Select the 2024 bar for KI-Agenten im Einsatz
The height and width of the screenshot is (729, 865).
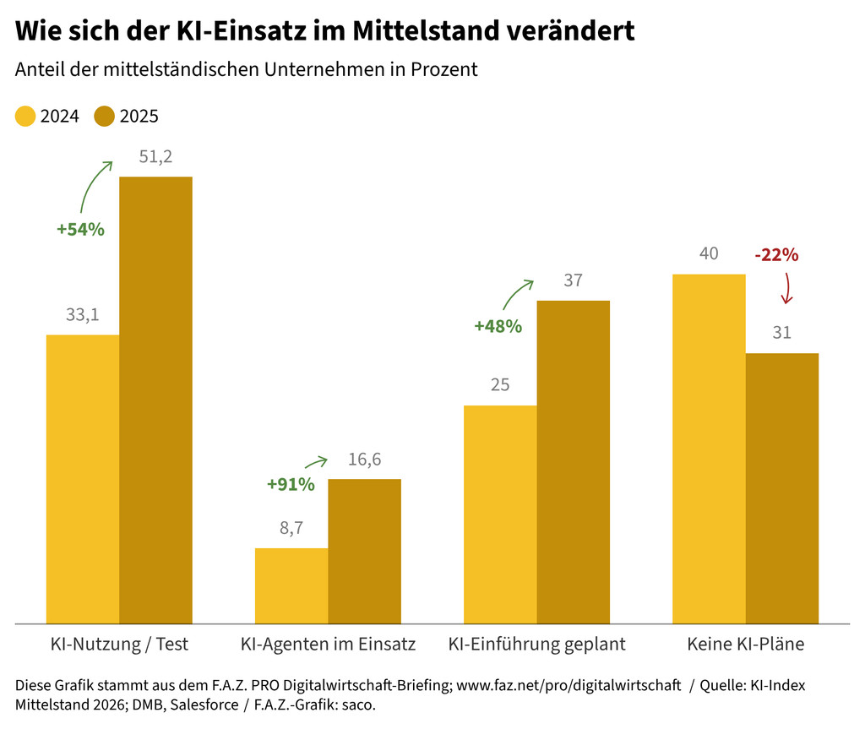pyautogui.click(x=291, y=585)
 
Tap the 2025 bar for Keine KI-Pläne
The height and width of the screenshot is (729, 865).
pyautogui.click(x=782, y=488)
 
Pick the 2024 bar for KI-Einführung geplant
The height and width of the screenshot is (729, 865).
pyautogui.click(x=500, y=514)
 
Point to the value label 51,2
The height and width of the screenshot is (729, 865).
pyautogui.click(x=155, y=157)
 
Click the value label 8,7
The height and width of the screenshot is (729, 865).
pyautogui.click(x=291, y=529)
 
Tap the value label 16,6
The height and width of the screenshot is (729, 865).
pyautogui.click(x=364, y=460)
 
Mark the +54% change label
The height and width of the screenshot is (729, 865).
pyautogui.click(x=80, y=229)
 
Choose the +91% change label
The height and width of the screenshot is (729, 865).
pyautogui.click(x=291, y=485)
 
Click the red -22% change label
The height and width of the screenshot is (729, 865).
pyautogui.click(x=775, y=254)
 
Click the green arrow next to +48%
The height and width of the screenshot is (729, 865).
pyautogui.click(x=518, y=293)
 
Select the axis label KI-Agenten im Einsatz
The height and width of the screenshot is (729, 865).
pyautogui.click(x=328, y=645)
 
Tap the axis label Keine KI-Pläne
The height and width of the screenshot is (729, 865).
pyautogui.click(x=746, y=645)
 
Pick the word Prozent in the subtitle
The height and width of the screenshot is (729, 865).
pyautogui.click(x=445, y=69)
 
